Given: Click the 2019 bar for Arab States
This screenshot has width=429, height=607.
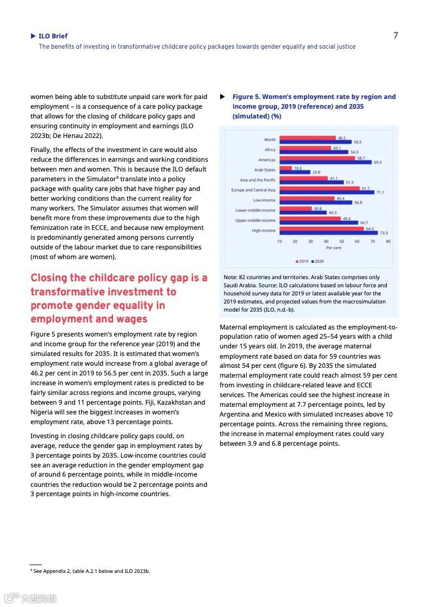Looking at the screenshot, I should (286, 168).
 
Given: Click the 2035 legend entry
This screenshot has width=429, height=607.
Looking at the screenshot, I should (317, 261).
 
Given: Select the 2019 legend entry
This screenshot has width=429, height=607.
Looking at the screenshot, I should (301, 261).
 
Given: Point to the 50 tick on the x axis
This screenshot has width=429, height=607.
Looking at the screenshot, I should (341, 241).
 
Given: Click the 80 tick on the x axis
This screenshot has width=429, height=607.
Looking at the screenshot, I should (388, 241).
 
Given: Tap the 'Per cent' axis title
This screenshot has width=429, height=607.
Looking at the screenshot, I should (333, 248).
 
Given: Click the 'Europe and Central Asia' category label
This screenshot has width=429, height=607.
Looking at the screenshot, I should (253, 190).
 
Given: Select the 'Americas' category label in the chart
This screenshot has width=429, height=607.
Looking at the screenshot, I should (267, 160).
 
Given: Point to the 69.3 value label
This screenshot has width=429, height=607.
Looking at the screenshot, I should (377, 162).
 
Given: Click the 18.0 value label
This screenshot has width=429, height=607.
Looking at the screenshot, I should (298, 168).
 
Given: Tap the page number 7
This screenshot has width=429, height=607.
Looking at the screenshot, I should (395, 36).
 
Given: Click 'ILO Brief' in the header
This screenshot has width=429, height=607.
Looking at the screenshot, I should (53, 36).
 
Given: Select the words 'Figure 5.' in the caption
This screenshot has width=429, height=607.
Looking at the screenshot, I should (246, 97).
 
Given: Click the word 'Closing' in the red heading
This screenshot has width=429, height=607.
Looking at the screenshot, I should (48, 278).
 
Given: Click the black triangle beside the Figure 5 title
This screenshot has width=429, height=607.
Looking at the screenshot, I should (222, 97).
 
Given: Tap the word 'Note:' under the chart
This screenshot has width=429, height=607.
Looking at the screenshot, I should (230, 278).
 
